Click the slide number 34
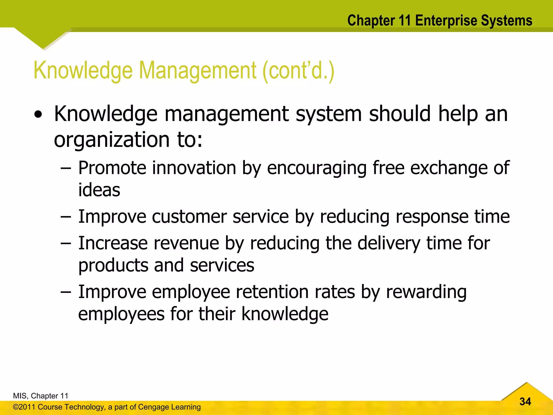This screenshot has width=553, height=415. tap(525, 401)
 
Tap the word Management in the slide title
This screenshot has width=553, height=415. tap(197, 71)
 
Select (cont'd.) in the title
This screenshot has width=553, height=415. tap(298, 71)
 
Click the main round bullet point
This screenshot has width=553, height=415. tap(38, 115)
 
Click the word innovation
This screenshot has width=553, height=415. tap(194, 168)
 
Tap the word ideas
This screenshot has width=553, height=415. tap(99, 190)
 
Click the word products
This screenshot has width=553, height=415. tap(113, 265)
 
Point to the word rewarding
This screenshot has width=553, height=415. tap(426, 292)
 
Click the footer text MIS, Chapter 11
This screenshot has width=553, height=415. tap(41, 396)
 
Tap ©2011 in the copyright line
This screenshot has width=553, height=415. tap(24, 407)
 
